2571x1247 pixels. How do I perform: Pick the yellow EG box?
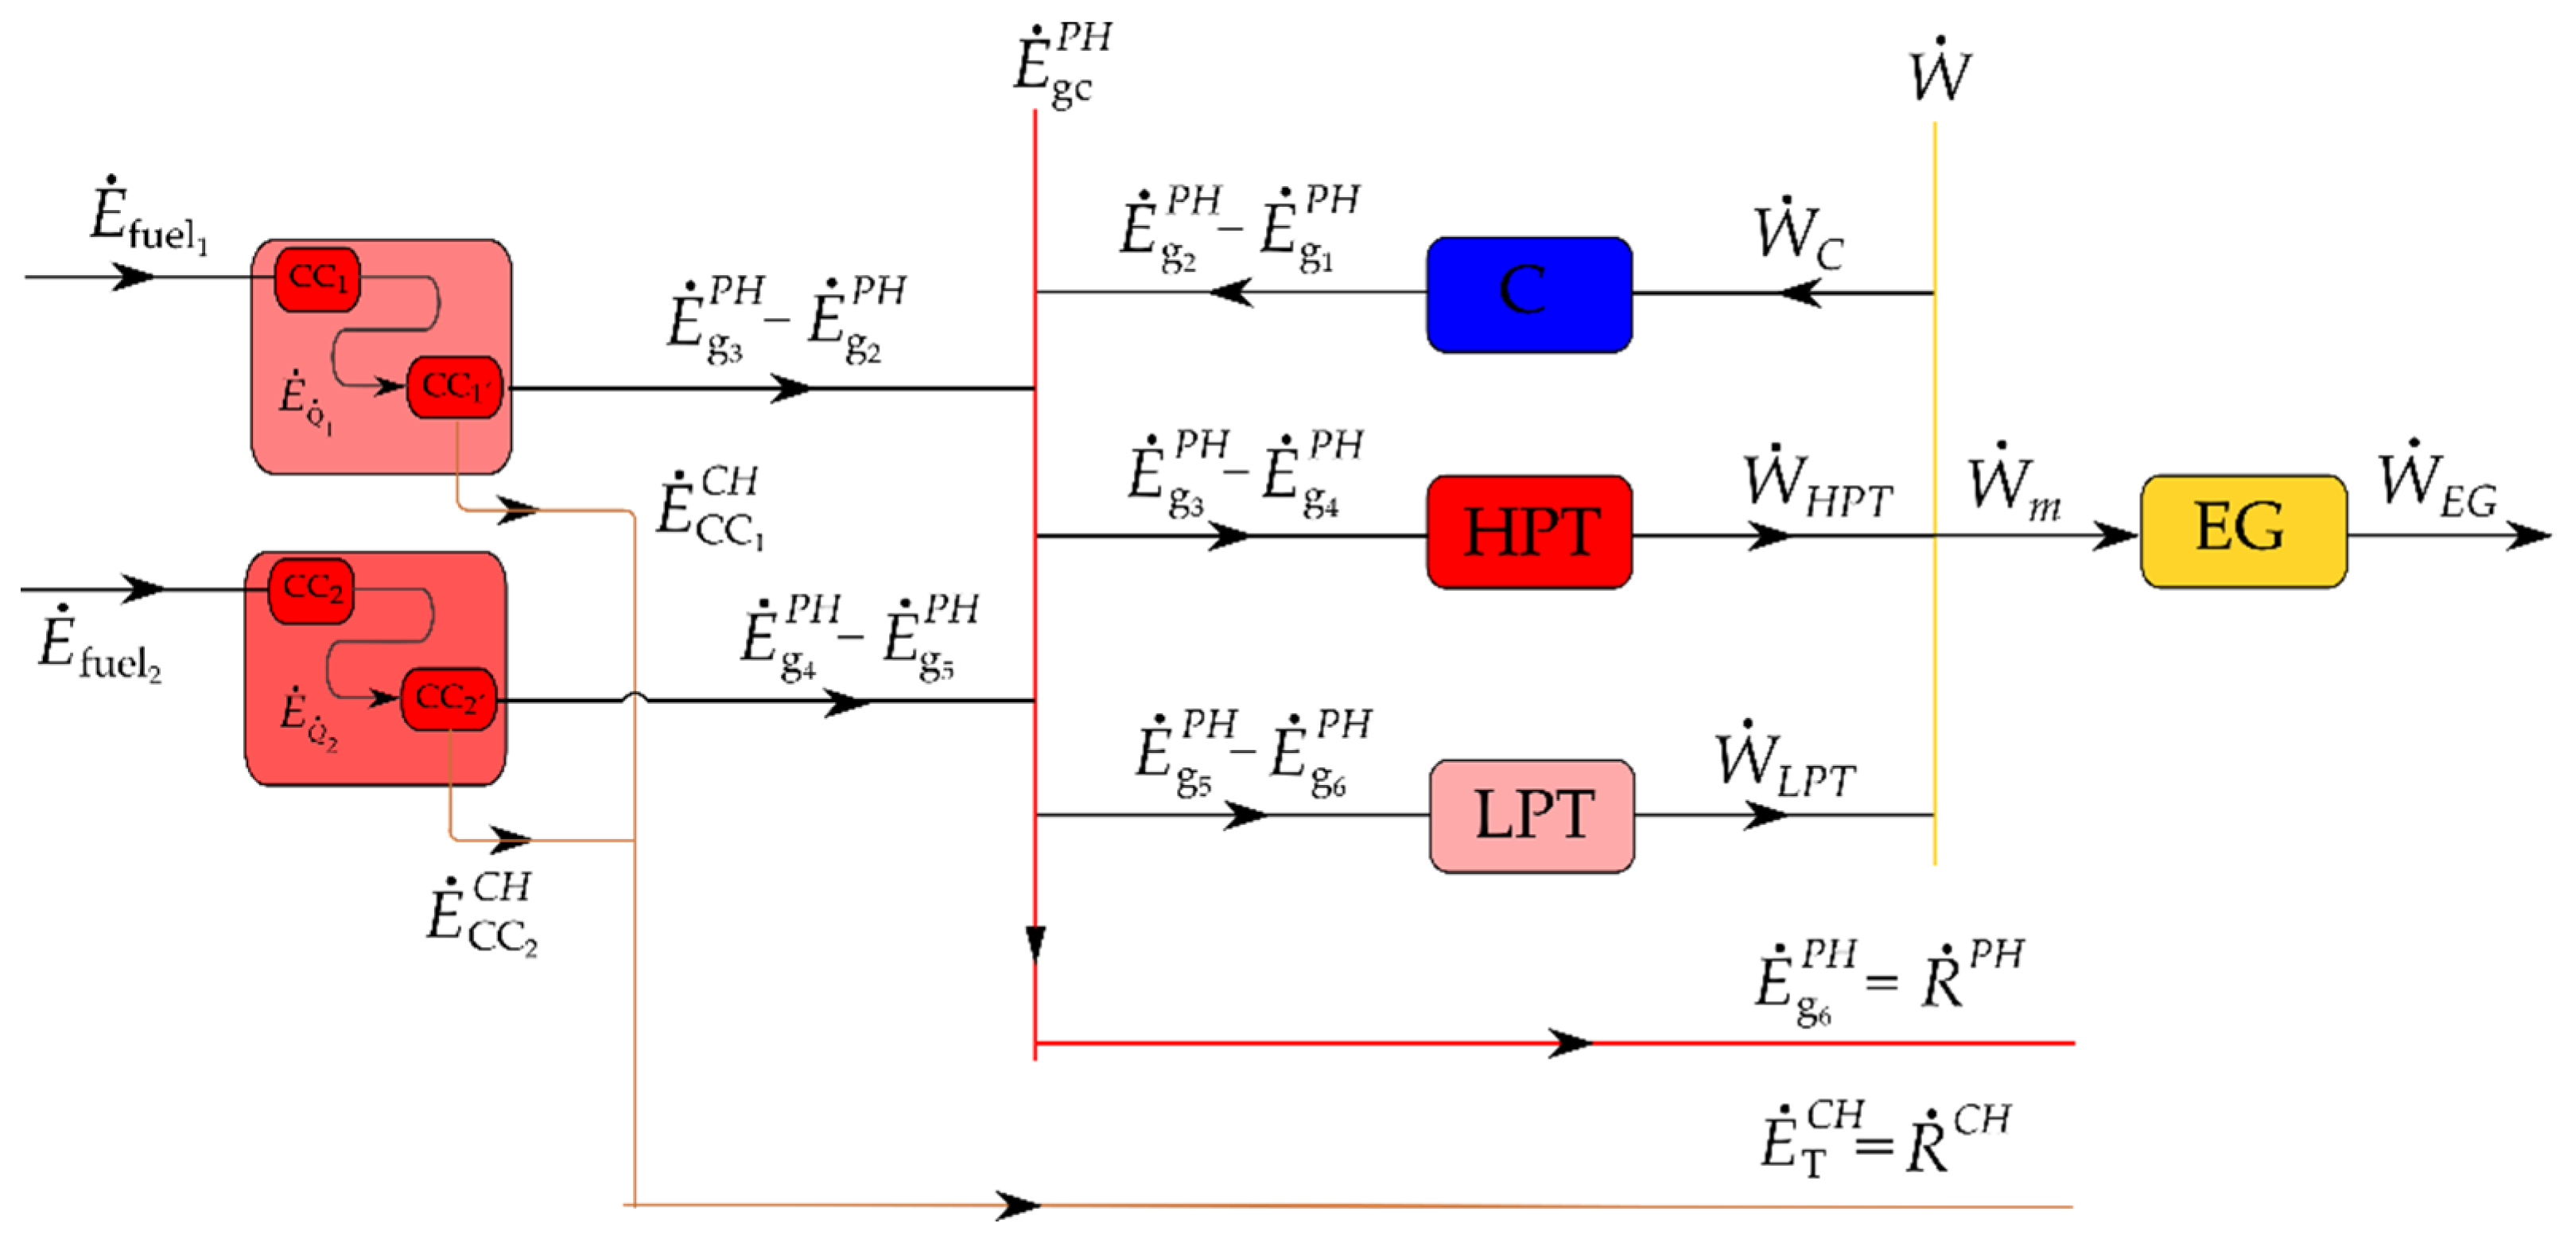2243,530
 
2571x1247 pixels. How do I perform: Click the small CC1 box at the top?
317,278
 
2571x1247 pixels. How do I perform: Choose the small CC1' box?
453,387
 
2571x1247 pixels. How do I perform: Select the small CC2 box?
312,589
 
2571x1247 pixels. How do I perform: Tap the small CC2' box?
449,698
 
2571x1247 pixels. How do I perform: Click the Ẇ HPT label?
1816,486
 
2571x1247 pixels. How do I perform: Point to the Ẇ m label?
2012,486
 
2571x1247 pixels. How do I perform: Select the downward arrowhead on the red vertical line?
1036,943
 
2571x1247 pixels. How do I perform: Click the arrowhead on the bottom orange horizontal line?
1019,1206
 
